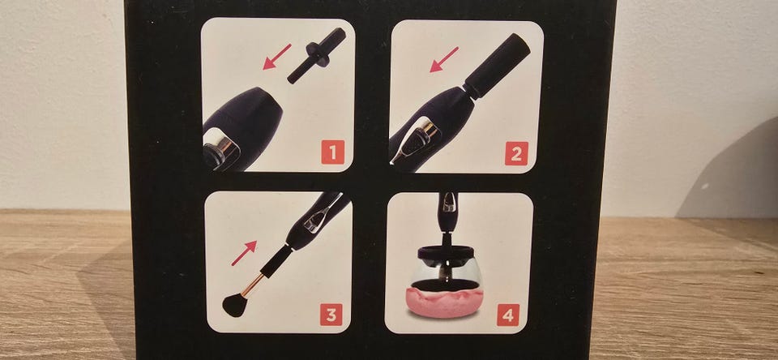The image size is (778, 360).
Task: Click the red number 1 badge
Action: [x=332, y=152]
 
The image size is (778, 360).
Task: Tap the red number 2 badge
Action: [x=516, y=153]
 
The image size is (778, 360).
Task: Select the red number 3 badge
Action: [x=331, y=314]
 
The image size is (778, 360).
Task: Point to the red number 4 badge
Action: [x=507, y=315]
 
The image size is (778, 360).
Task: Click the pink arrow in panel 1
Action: [x=277, y=56]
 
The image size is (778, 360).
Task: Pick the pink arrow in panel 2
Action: [x=443, y=59]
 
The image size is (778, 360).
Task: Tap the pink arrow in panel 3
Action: [x=244, y=253]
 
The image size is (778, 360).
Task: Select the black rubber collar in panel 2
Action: [x=497, y=66]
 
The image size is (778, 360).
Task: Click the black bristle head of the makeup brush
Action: [x=236, y=304]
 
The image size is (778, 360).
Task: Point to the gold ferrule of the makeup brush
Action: [x=254, y=285]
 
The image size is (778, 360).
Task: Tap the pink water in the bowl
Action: [x=445, y=301]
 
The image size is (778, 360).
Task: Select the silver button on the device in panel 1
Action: [x=221, y=148]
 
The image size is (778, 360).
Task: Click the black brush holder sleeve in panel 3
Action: [x=276, y=261]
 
